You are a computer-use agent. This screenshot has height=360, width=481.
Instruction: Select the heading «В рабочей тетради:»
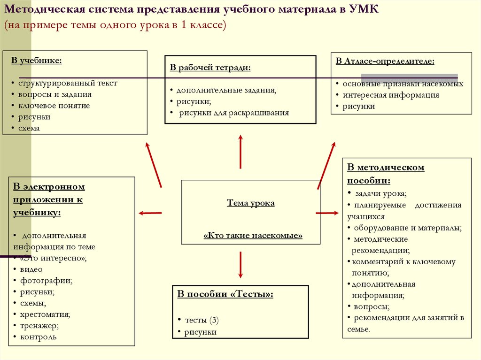(x=210, y=68)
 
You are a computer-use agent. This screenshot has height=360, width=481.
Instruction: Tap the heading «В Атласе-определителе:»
(x=385, y=61)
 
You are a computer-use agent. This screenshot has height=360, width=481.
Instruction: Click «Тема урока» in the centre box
(x=251, y=203)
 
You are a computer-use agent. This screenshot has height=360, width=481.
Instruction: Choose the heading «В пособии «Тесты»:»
(x=225, y=294)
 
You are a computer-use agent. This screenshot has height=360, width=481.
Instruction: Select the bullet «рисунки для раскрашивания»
(x=234, y=113)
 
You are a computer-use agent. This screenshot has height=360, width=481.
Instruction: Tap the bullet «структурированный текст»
(x=68, y=83)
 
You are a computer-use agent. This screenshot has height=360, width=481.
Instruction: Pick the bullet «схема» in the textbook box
(x=29, y=128)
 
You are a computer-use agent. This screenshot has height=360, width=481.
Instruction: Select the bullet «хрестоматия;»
(x=45, y=314)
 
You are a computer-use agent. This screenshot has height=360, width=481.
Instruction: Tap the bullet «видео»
(x=31, y=269)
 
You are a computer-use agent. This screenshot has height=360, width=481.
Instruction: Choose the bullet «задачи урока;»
(x=380, y=193)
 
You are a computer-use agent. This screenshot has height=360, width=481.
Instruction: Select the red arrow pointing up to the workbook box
(x=240, y=151)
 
